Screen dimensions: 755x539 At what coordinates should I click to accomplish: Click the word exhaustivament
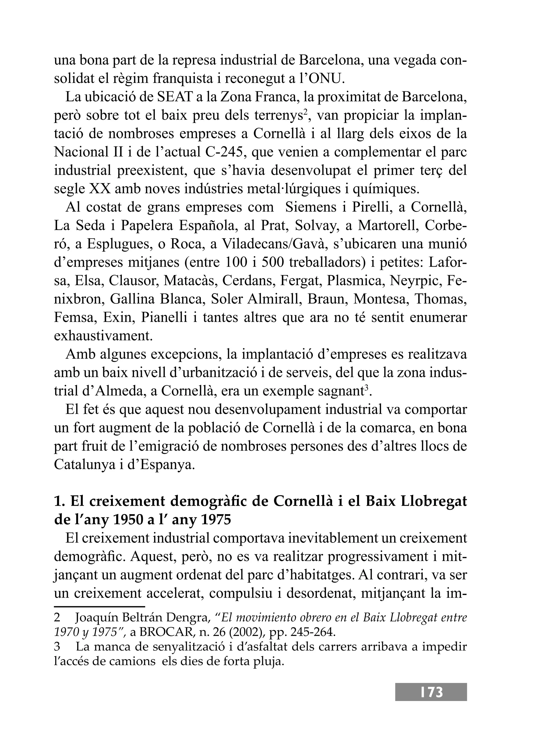[x=103, y=336]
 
